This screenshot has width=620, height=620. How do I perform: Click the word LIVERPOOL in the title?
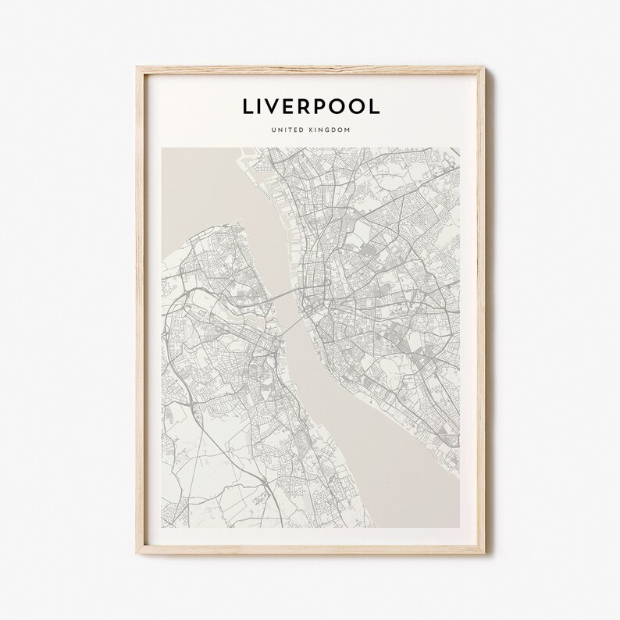310,107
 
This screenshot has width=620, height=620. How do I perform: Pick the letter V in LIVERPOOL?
277,107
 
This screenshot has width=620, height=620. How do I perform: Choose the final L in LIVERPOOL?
376,107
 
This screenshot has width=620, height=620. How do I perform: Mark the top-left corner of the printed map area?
162,149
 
